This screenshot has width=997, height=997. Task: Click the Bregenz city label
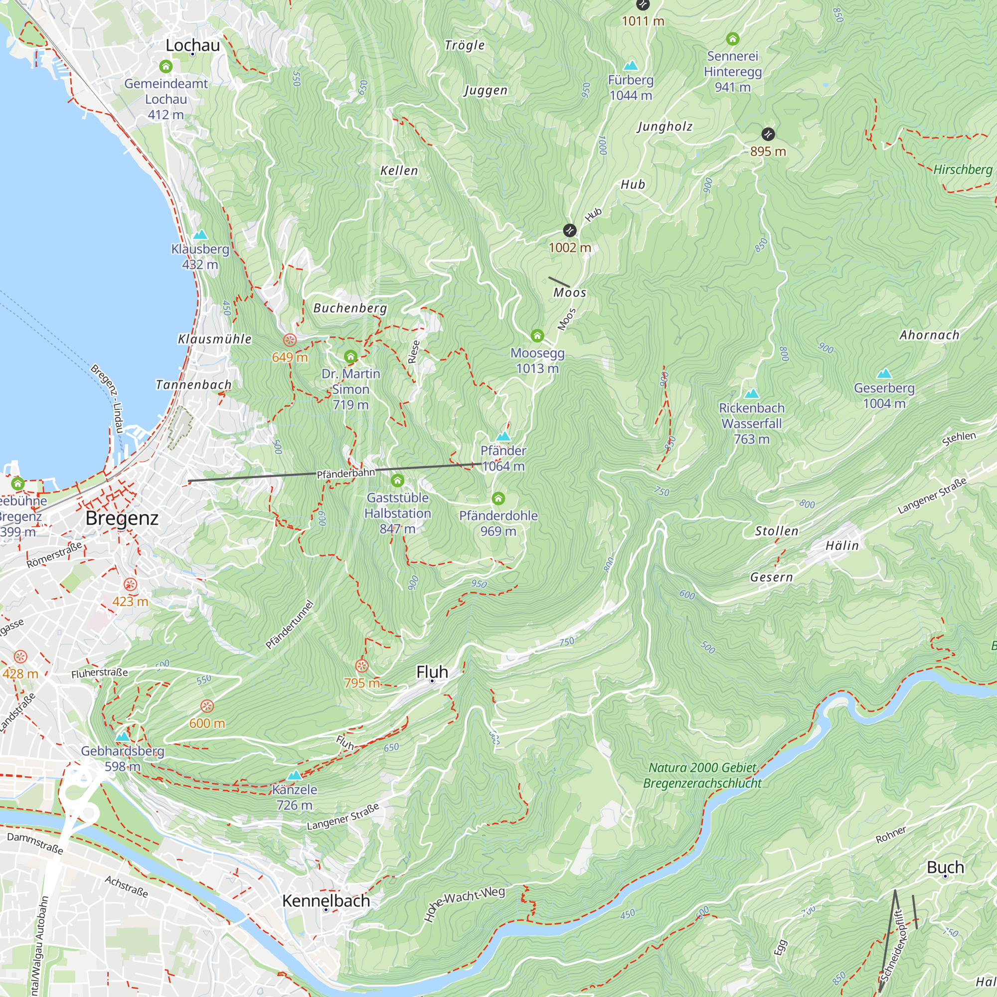[122, 518]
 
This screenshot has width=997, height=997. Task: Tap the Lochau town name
[192, 45]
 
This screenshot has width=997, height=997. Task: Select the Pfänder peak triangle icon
[503, 437]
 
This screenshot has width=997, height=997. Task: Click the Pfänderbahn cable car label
[345, 473]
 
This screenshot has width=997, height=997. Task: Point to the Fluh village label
[432, 672]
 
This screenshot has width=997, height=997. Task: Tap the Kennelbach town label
[326, 901]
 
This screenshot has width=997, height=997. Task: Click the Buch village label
[945, 867]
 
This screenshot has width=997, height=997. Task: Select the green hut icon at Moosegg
[537, 336]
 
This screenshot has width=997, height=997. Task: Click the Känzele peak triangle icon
[294, 775]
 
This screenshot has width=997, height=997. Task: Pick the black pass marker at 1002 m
[569, 230]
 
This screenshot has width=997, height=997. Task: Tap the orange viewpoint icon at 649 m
[290, 340]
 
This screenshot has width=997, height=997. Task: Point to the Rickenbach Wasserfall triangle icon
[751, 394]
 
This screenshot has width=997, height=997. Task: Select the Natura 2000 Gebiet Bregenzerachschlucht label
[702, 775]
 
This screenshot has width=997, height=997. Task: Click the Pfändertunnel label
[290, 625]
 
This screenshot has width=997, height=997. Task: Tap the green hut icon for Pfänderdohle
[498, 498]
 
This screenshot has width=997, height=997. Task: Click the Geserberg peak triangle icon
[884, 373]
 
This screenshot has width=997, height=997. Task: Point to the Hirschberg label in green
[963, 169]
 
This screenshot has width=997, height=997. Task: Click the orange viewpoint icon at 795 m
[362, 665]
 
